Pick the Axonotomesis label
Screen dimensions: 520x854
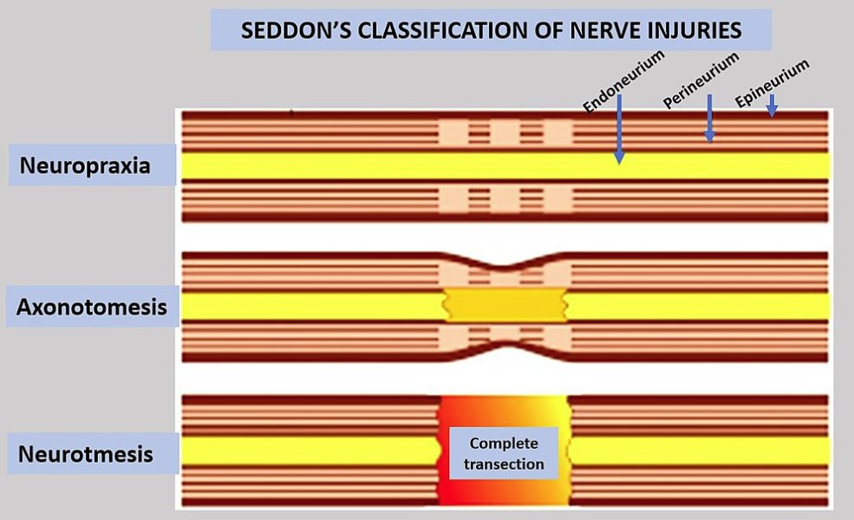pos(92,307)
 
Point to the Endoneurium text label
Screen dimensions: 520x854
pos(623,81)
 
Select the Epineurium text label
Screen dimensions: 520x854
pos(772,83)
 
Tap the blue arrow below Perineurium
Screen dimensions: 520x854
pos(709,118)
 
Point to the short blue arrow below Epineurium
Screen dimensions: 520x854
pos(771,105)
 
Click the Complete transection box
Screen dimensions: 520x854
pos(504,453)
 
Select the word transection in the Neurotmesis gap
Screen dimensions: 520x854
pos(504,464)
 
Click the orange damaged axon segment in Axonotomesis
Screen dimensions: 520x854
pos(504,305)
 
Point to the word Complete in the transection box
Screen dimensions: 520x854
pos(504,443)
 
